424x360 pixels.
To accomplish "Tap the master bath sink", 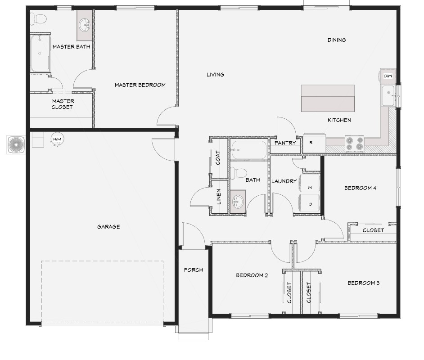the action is (x=85, y=25).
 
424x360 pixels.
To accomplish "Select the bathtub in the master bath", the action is (x=40, y=54).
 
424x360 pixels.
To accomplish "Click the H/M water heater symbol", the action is (x=57, y=139).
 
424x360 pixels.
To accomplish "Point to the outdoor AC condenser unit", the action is (x=16, y=145).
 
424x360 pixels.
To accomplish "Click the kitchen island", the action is (x=328, y=98).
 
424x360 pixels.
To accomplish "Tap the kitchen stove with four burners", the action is (x=354, y=144).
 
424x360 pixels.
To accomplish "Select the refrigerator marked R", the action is (x=314, y=143).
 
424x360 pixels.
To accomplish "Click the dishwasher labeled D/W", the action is (x=388, y=76).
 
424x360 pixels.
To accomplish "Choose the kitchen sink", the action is (x=388, y=96).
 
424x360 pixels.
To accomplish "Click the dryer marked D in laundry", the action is (x=309, y=204).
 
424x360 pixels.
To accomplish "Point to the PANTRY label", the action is (x=285, y=143).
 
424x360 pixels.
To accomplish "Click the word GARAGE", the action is (x=108, y=227).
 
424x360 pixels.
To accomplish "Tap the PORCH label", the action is (x=194, y=270).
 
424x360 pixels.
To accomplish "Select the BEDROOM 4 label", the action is (x=360, y=188).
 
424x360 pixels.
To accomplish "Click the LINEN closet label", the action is (x=219, y=197).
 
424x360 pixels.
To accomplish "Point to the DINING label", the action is (x=337, y=40).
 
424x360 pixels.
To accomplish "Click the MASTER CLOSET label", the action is (x=63, y=104).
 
